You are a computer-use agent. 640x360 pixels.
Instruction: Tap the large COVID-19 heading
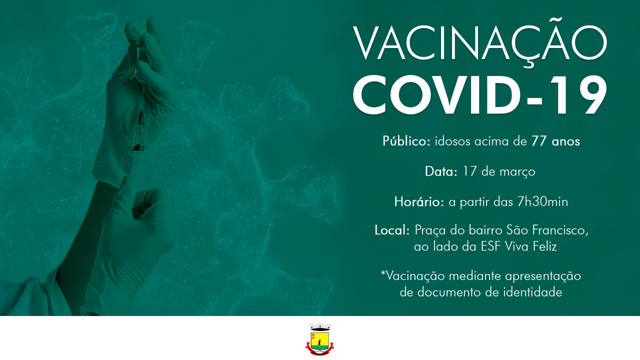tap(480, 95)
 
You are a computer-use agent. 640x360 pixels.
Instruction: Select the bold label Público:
tap(406, 141)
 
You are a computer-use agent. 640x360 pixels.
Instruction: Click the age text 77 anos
tap(555, 141)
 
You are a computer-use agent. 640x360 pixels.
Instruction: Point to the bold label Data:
tap(441, 172)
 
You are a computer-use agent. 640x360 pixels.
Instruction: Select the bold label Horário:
tap(419, 202)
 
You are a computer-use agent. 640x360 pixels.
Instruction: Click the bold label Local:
tap(392, 230)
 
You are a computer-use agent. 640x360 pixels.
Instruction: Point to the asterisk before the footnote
tap(383, 274)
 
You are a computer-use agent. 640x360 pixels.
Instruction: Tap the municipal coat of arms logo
tap(320, 338)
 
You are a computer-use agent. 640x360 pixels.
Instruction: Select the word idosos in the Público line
tap(452, 141)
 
